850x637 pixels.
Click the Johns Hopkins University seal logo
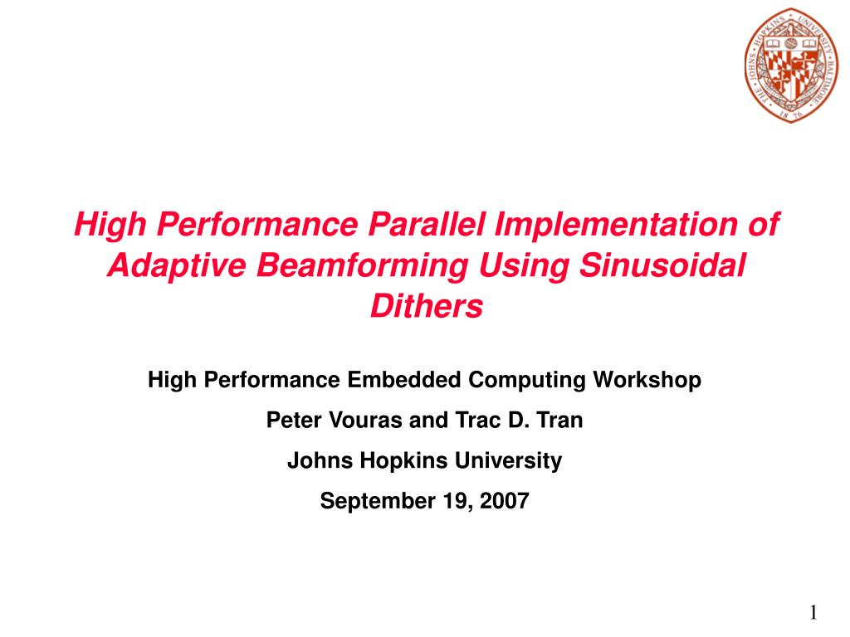pos(791,65)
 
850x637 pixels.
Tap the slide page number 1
pos(813,613)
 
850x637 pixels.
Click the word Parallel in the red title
pos(426,224)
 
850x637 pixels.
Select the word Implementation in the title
pos(616,225)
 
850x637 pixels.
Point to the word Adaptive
pos(177,266)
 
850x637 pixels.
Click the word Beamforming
pos(362,266)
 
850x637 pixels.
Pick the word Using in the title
pos(524,266)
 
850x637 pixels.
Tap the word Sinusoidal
pos(662,265)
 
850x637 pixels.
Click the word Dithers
pos(426,306)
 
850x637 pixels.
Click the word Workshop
pos(647,381)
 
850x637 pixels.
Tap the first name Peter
pos(294,421)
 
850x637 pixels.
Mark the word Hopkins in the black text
pos(404,461)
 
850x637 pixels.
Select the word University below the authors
pos(509,461)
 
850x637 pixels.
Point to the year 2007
pos(504,500)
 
